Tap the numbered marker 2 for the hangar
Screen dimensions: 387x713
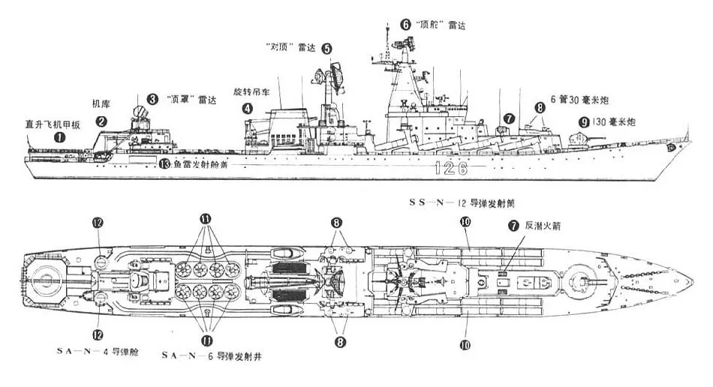[101, 120]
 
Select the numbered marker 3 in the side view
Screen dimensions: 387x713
[152, 98]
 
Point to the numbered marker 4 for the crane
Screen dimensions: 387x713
[247, 108]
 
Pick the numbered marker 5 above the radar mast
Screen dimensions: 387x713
[327, 48]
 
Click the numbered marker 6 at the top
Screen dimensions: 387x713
[406, 24]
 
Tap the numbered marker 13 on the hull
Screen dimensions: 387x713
[164, 164]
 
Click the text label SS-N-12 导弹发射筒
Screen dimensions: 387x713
[465, 202]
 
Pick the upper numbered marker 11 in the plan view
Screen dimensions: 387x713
[205, 217]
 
